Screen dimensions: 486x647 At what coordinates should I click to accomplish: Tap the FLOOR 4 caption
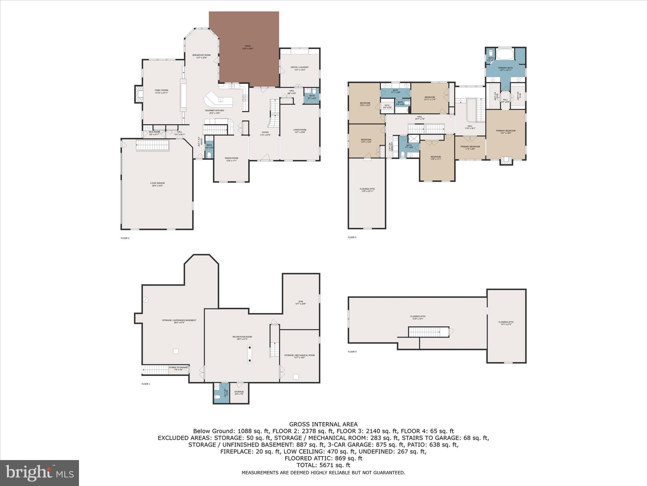[352, 352]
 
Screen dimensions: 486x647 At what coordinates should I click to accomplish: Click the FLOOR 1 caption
[146, 384]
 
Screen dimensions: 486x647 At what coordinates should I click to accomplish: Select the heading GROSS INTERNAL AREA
[323, 424]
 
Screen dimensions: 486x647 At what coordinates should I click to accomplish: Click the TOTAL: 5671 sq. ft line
[323, 465]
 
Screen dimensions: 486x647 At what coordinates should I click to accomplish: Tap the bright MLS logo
[39, 473]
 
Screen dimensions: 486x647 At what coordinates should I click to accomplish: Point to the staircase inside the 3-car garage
[153, 146]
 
